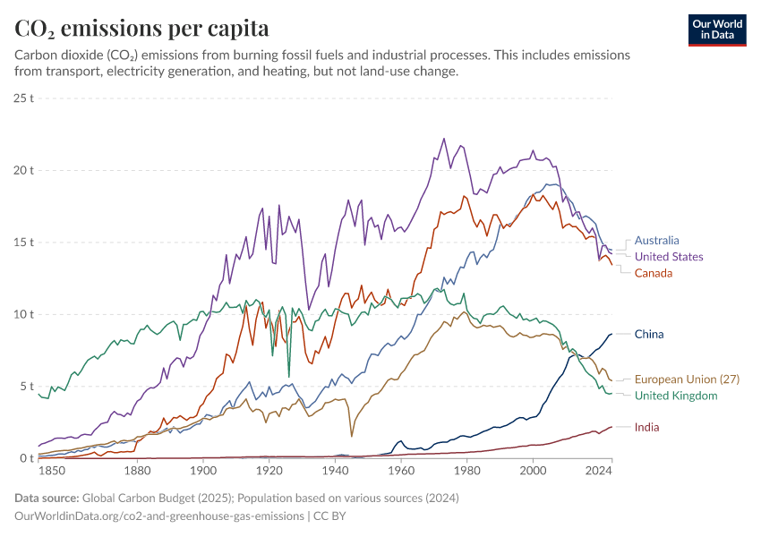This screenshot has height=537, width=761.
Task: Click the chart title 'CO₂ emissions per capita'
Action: (141, 28)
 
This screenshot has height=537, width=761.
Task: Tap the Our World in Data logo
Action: (717, 30)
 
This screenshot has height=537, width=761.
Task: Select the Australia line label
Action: (656, 240)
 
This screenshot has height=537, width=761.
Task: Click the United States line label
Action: (669, 257)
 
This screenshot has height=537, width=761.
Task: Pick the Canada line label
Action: (654, 273)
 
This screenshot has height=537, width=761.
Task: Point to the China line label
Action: (649, 335)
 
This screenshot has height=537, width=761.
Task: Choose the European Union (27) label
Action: (687, 379)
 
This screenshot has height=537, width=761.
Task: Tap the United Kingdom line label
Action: (676, 396)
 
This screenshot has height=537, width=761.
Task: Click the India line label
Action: (646, 427)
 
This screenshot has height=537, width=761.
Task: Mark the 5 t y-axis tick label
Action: (26, 387)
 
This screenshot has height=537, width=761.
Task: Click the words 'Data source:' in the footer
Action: (47, 498)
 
